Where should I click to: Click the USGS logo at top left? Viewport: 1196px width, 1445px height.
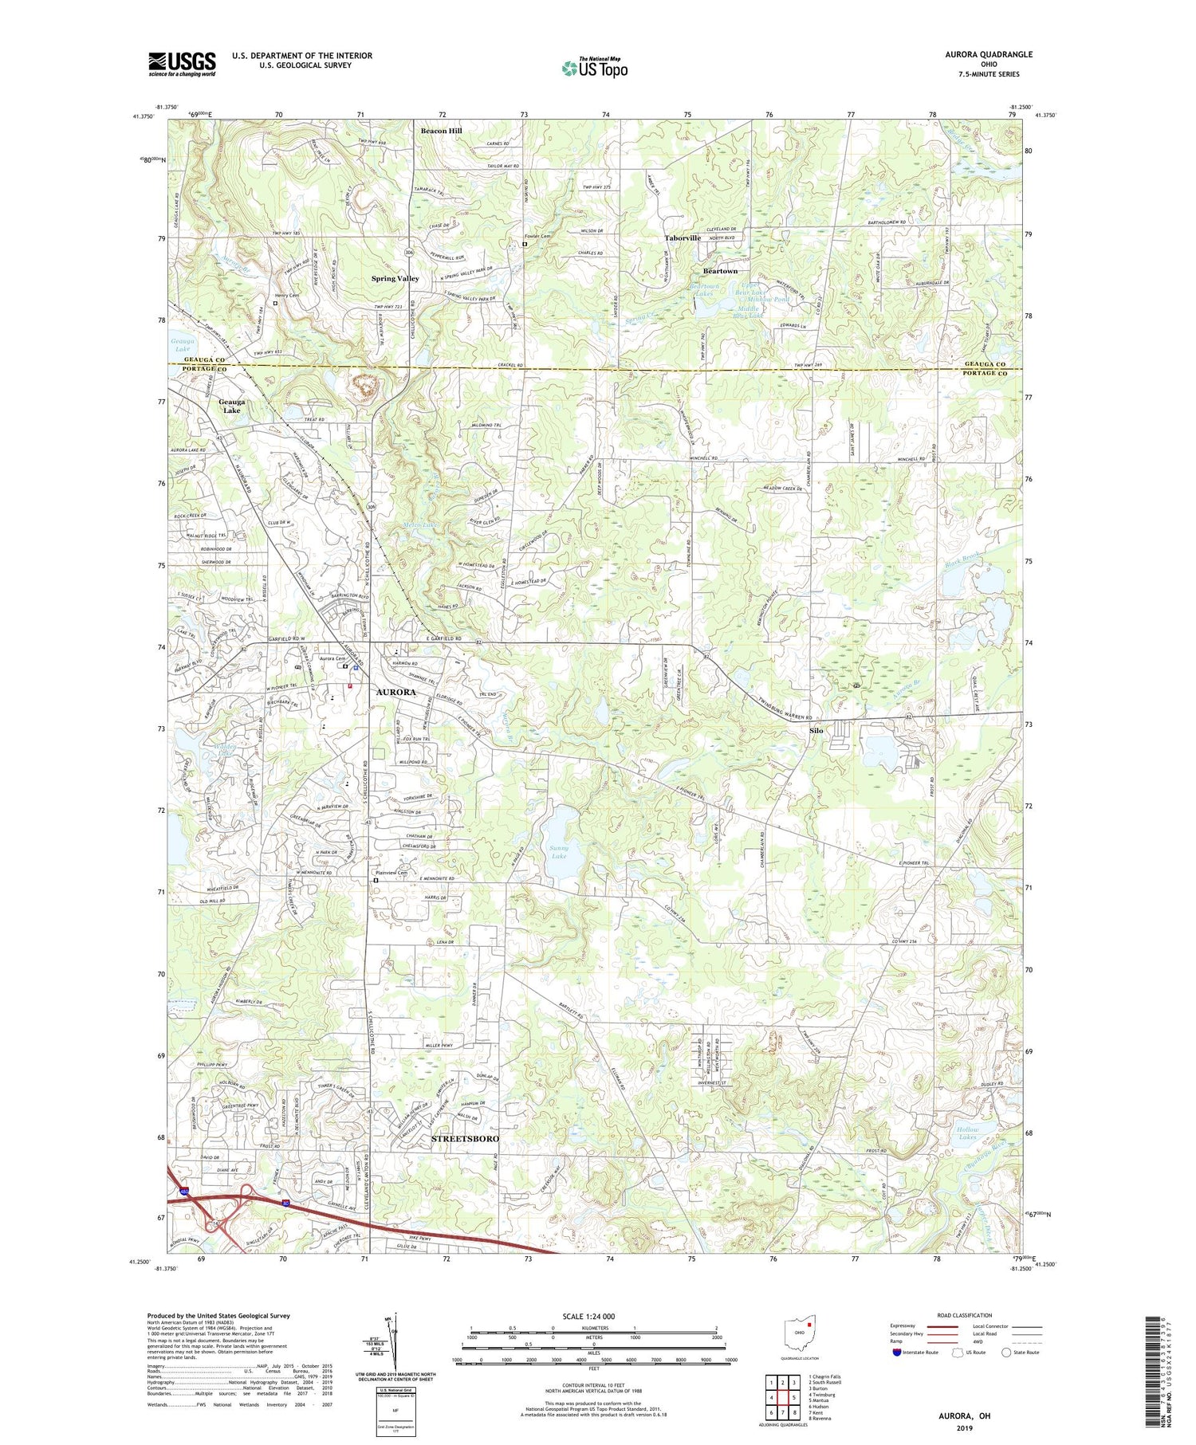click(182, 64)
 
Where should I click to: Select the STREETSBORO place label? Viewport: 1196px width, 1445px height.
click(465, 1139)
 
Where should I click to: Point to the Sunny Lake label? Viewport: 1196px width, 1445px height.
click(559, 852)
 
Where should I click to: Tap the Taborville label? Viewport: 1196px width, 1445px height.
click(683, 238)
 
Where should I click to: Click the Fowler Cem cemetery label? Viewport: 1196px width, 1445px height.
click(537, 237)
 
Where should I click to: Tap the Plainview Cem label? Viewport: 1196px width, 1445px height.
click(391, 873)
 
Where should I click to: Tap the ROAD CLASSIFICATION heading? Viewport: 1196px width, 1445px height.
click(966, 1315)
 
